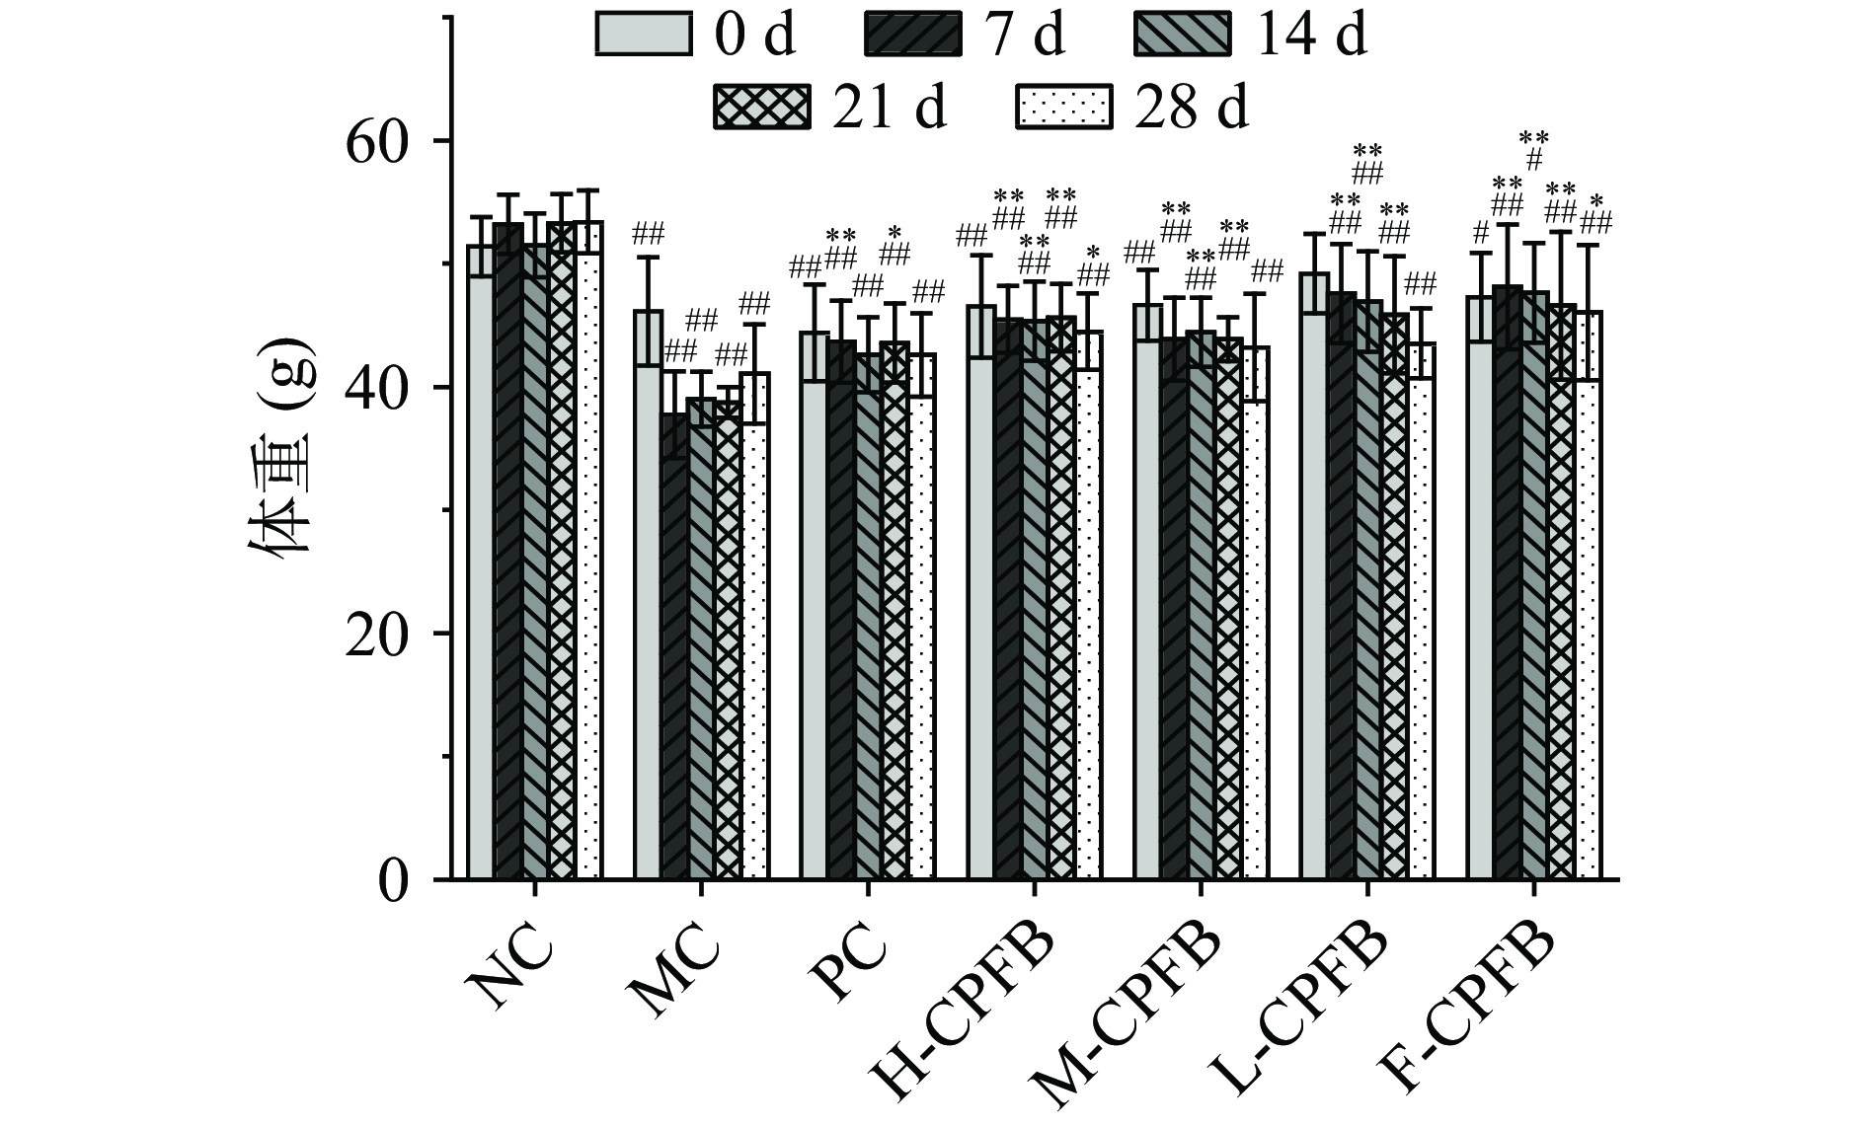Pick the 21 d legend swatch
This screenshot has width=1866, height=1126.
coord(761,107)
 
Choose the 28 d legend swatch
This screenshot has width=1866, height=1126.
coord(1063,107)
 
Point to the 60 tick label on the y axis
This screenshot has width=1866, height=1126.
coord(376,141)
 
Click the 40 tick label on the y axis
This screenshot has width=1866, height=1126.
coord(376,388)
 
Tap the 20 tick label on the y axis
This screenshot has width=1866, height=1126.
coord(376,634)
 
